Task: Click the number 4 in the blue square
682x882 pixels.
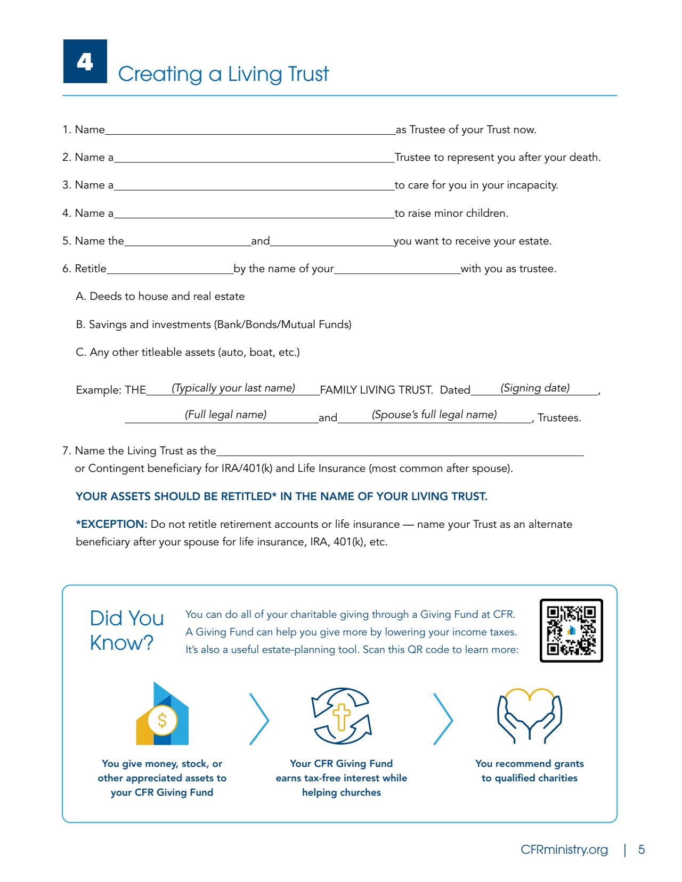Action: (x=85, y=62)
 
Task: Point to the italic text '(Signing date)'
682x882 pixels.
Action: (x=535, y=388)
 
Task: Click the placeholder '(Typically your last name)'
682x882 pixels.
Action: (x=233, y=388)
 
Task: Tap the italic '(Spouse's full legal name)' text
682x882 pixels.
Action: (x=434, y=415)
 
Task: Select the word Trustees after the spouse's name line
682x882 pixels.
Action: (x=559, y=418)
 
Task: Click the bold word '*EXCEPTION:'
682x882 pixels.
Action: (x=111, y=524)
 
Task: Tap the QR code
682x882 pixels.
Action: (x=571, y=631)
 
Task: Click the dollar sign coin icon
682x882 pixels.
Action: (x=162, y=720)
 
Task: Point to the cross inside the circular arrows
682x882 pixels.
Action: (x=342, y=716)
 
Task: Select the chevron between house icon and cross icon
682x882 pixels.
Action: (x=259, y=719)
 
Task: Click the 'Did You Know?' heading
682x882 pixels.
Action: (x=127, y=631)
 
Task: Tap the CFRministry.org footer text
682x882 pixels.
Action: (x=564, y=850)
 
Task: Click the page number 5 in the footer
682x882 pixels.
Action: (x=642, y=850)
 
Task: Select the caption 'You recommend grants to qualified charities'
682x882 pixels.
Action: (x=530, y=771)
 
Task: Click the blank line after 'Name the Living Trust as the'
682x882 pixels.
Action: (x=400, y=453)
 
